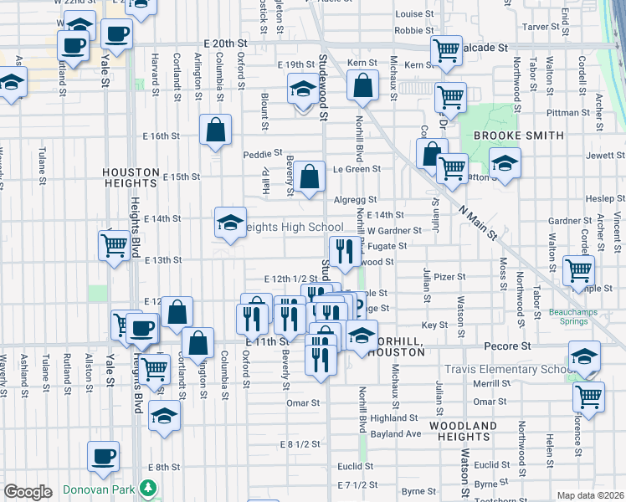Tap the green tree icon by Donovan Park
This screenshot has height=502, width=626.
coord(148,486)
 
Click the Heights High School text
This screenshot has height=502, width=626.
coord(293,228)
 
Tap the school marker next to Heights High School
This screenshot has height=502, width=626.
coord(230,223)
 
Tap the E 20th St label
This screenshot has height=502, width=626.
coord(225,43)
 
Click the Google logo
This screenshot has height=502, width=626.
coord(28,492)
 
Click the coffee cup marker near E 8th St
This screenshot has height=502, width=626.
coord(104,457)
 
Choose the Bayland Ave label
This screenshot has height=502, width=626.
coord(396,433)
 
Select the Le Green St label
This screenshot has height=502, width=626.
coord(357,168)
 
